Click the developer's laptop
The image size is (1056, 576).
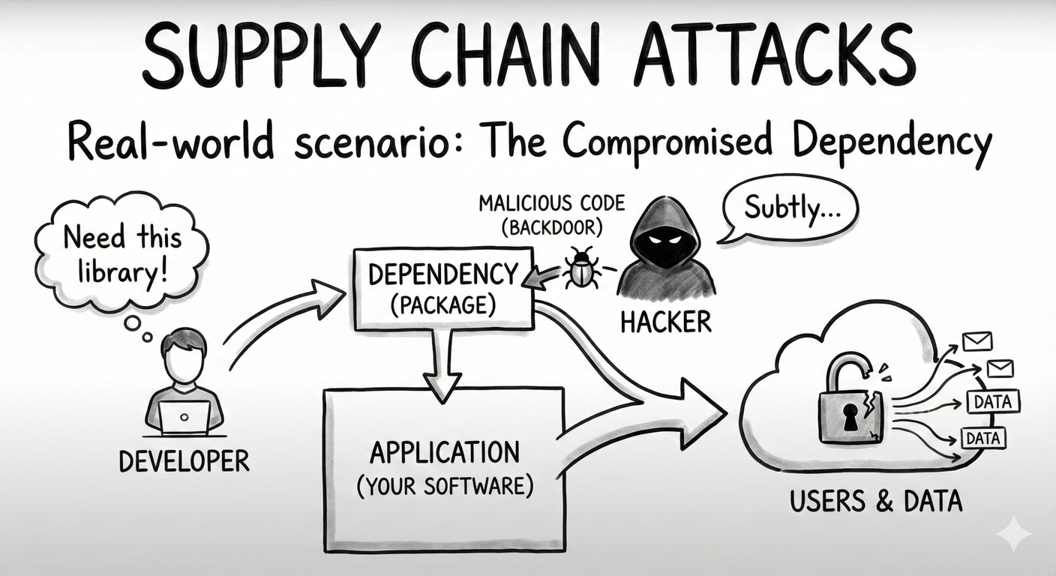click(x=184, y=417)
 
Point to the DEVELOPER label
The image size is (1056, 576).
click(x=184, y=460)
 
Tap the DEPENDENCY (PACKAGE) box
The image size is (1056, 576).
click(x=442, y=289)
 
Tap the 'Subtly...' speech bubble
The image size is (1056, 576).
click(x=788, y=209)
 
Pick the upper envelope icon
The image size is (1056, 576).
click(x=977, y=341)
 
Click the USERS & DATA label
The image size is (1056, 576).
click(x=875, y=500)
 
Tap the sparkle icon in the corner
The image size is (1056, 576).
click(x=1013, y=534)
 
